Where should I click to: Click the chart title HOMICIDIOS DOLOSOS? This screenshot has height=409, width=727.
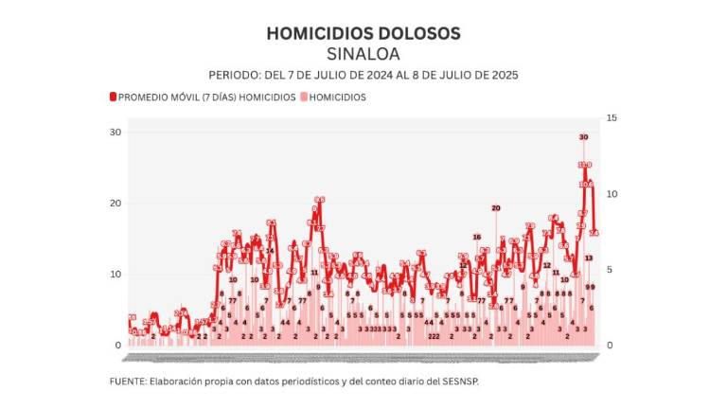coord(363,33)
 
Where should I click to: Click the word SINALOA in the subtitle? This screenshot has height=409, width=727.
coord(363,53)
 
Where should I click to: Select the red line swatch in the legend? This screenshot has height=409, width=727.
coord(113,97)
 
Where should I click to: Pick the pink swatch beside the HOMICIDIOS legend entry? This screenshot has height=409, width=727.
coord(303,97)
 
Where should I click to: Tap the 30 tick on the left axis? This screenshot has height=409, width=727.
coord(115,132)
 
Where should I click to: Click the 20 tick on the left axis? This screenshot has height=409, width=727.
coord(115,204)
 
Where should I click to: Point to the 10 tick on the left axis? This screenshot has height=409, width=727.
coord(115,275)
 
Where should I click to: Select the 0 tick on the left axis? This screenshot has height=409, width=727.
coord(118,346)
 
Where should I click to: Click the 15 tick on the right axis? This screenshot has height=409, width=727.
coord(611,117)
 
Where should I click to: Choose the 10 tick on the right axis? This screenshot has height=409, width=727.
coord(611,193)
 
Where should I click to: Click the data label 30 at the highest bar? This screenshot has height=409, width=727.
coord(583,137)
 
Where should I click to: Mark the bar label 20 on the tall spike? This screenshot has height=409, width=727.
coord(495,207)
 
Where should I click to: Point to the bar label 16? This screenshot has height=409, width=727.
coord(477,237)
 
